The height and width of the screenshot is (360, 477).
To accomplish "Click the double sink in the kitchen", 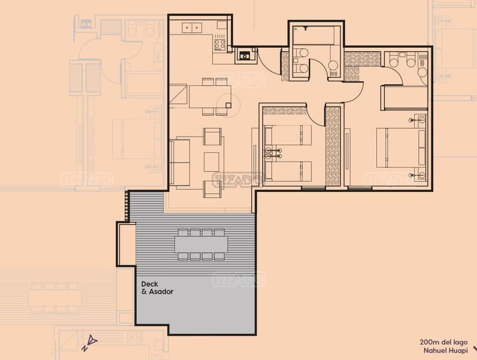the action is (x=192, y=28).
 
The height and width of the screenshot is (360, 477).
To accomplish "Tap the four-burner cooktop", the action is (x=219, y=44).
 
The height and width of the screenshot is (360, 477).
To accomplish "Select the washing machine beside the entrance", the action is (x=245, y=56).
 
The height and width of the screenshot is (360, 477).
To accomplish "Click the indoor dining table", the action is (x=210, y=97).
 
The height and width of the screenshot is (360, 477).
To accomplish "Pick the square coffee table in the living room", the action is (x=211, y=162).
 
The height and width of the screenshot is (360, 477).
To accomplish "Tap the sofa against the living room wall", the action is (x=180, y=162).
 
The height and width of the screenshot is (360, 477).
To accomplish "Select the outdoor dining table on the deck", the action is (x=202, y=244).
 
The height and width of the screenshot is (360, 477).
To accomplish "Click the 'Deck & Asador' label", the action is (x=157, y=288).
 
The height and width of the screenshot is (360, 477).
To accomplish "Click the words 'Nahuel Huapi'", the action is (x=446, y=351).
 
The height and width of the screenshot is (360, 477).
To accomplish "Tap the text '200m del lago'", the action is (x=444, y=342).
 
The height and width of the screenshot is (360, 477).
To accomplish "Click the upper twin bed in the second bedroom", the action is (x=288, y=135).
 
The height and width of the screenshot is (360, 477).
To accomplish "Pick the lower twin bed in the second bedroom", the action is (x=288, y=171).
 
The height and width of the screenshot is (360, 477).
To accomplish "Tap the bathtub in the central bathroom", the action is (x=316, y=36).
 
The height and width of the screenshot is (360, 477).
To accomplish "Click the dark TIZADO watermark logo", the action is (x=237, y=179).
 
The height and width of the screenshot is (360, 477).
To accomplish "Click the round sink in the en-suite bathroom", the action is (x=422, y=72).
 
